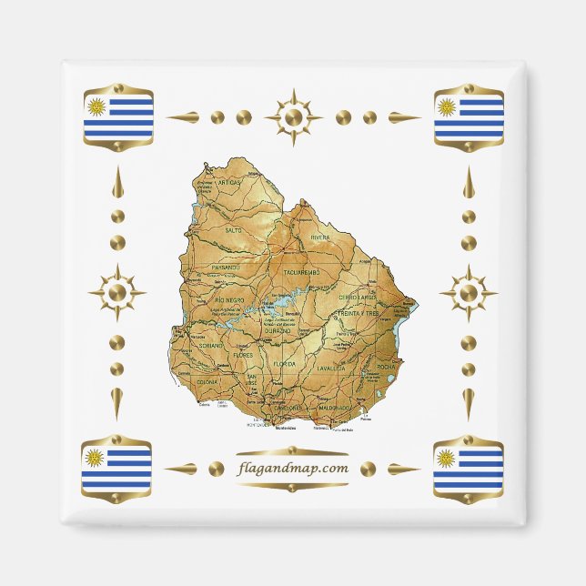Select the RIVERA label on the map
pyautogui.click(x=320, y=237)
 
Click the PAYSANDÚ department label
pyautogui.click(x=225, y=268)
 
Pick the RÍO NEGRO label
pyautogui.click(x=229, y=298)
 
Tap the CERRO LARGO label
pyautogui.click(x=357, y=298)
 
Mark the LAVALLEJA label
pyautogui.click(x=331, y=369)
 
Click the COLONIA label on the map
pyautogui.click(x=207, y=383)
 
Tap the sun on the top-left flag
pyautogui.click(x=96, y=106)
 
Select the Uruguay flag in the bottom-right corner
pyautogui.click(x=468, y=467)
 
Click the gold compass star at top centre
pyautogui.click(x=293, y=117)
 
